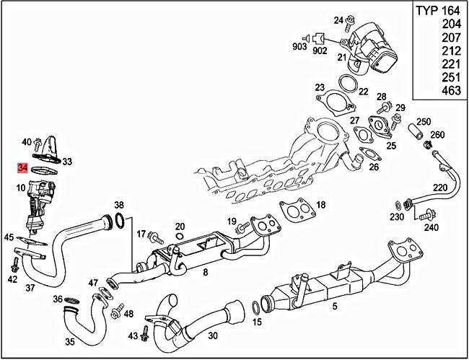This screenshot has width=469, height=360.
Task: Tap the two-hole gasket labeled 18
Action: click(294, 210)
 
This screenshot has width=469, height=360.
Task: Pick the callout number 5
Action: click(335, 306)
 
